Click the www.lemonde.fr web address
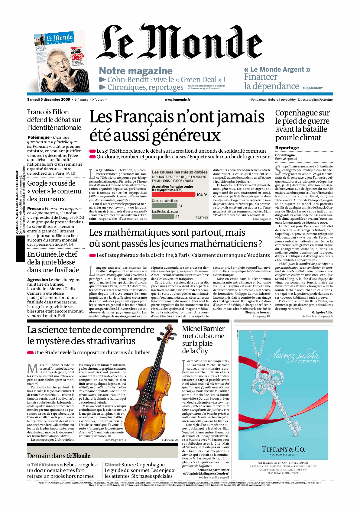177,99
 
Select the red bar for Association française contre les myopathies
174,195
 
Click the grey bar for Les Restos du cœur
163,216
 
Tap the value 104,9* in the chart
202,195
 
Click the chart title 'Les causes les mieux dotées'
180,172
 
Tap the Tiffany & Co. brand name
283,449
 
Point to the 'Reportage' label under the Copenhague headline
287,148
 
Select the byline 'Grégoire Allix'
322,312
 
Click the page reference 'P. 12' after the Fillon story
71,173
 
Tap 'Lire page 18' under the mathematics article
261,316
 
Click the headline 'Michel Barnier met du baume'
203,332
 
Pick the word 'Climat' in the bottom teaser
112,465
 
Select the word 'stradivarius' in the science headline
111,341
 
